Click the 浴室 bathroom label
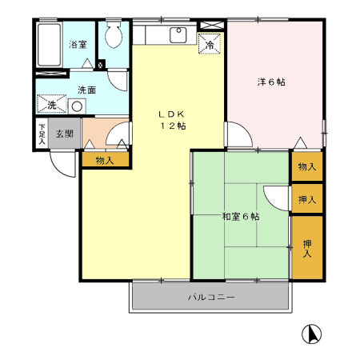(x=77, y=45)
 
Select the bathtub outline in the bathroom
(x=50, y=47)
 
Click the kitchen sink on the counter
(x=177, y=36)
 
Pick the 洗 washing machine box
(x=51, y=105)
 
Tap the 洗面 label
(x=86, y=90)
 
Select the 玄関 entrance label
(x=64, y=134)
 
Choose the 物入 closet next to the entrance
(x=104, y=161)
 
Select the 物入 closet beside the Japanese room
(x=306, y=166)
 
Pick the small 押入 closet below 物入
(x=306, y=199)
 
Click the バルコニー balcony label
(x=211, y=298)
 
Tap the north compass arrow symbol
(x=312, y=334)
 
